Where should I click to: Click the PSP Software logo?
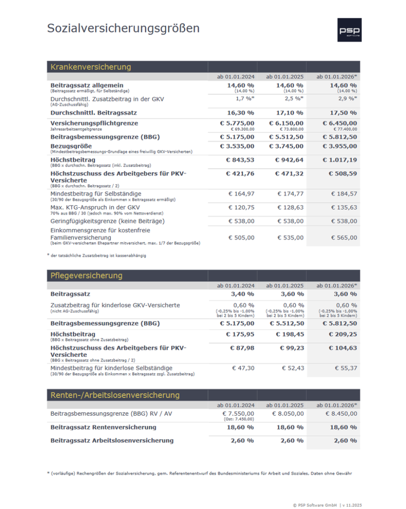tap(349, 30)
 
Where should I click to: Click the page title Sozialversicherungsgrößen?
tap(123, 29)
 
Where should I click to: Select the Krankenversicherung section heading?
tap(91, 67)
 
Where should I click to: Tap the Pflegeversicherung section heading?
tap(86, 276)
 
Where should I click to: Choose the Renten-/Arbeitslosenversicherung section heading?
tap(115, 395)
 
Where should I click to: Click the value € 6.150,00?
tap(286, 123)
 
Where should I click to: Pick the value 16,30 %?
tap(240, 113)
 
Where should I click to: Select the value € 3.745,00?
tap(286, 146)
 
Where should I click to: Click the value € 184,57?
tap(344, 194)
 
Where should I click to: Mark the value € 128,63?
tap(291, 207)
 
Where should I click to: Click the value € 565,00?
tap(344, 238)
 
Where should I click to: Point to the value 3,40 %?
tap(242, 294)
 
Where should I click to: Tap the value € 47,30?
tap(244, 368)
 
